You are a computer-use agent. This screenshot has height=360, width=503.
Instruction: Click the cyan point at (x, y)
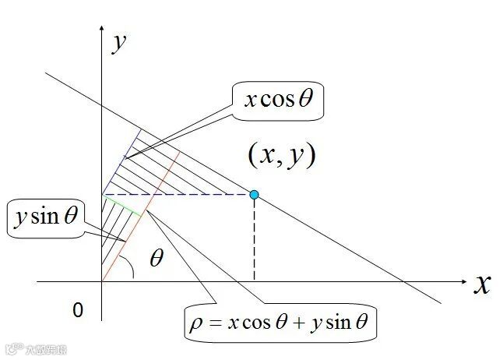[x=254, y=194]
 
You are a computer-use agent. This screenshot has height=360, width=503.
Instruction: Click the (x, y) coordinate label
[x=281, y=155]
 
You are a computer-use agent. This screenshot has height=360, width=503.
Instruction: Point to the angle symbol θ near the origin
[x=157, y=258]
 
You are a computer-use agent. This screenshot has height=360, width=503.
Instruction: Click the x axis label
[x=482, y=284]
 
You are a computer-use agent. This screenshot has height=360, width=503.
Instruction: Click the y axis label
[x=119, y=43]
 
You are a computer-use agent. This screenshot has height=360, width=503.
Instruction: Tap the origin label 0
[x=77, y=310]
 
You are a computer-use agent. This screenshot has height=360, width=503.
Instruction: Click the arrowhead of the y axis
[x=102, y=30]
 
